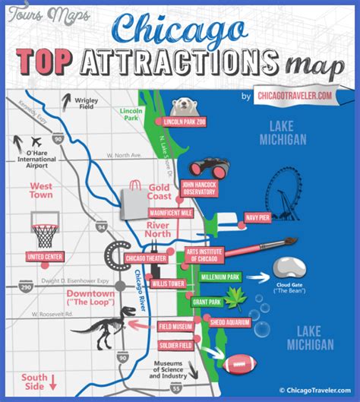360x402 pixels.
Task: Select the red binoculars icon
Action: tap(206, 167)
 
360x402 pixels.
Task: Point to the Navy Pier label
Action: tap(258, 218)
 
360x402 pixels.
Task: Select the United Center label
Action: tap(46, 256)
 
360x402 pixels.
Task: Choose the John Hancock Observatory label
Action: tap(199, 188)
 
